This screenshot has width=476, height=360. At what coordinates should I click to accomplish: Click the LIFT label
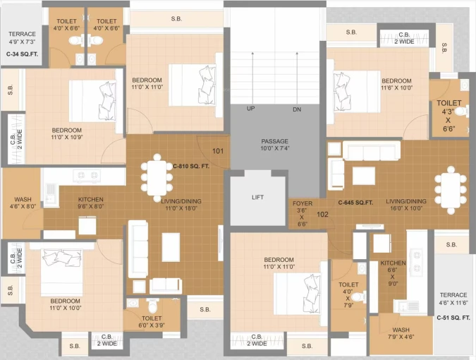coord(257,197)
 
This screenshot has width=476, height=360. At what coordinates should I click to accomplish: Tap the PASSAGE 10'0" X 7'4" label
coord(275,145)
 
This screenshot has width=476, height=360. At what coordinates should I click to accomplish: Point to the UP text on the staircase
coord(251,109)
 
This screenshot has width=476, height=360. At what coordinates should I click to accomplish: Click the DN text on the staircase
coord(297,109)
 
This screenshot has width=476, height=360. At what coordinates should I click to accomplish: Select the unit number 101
coord(218,151)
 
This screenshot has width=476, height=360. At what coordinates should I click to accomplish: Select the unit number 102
coord(322,215)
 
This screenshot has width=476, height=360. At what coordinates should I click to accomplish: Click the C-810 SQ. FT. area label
coord(191,166)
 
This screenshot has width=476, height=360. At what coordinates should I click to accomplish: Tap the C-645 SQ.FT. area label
coord(355,203)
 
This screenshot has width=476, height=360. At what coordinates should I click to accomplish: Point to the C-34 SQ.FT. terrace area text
coord(22,54)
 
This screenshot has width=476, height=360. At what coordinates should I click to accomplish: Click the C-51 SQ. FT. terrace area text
coord(453,318)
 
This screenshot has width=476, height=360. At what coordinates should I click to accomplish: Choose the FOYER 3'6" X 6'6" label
coord(303,214)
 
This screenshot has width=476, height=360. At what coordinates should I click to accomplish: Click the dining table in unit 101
coord(157,178)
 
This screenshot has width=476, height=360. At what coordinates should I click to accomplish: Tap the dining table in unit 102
coord(451,190)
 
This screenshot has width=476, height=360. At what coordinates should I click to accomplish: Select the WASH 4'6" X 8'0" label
coord(23,203)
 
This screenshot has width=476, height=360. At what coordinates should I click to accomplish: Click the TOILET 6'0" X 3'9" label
coord(152,322)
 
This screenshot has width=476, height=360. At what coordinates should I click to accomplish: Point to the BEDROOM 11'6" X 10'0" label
coord(397,84)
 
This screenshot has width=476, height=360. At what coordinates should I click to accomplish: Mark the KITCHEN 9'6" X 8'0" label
coord(91,203)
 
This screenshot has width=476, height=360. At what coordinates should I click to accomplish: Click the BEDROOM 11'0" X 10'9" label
coord(67,133)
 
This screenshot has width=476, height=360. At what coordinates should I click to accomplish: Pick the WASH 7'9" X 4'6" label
coord(401,333)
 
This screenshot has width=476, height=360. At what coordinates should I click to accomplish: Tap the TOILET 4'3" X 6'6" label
coord(448,116)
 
